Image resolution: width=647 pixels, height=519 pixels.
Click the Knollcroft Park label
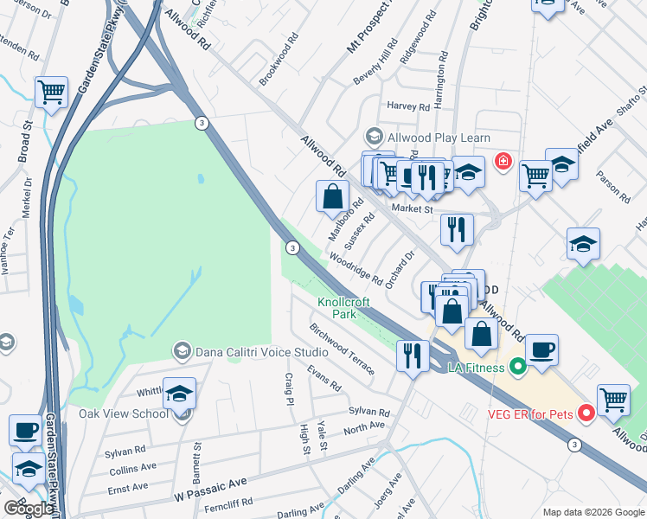[x=337, y=308]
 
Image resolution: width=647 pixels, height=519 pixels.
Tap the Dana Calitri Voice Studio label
[x=261, y=352]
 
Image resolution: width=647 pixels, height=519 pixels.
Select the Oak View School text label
[x=124, y=413]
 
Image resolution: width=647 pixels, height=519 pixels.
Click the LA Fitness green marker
[x=518, y=368]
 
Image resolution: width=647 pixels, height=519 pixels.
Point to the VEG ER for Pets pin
[x=586, y=413]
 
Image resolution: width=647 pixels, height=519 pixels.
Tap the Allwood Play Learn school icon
[x=374, y=137]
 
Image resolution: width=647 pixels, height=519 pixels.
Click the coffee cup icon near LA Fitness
[x=541, y=350]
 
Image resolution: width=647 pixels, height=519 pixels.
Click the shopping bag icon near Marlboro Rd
[x=333, y=196]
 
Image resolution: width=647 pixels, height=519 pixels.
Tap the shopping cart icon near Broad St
[x=52, y=92]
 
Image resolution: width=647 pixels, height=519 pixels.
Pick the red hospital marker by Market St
[x=502, y=161]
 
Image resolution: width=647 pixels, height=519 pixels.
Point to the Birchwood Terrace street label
[x=343, y=349]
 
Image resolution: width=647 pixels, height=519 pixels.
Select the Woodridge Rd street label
[x=356, y=268]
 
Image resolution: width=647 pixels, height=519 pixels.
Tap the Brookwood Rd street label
[x=279, y=59]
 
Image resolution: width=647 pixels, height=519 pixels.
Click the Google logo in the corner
[x=29, y=509]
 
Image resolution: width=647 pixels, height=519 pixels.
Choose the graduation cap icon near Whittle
[x=179, y=394]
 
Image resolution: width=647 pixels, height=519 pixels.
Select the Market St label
[x=411, y=208]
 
